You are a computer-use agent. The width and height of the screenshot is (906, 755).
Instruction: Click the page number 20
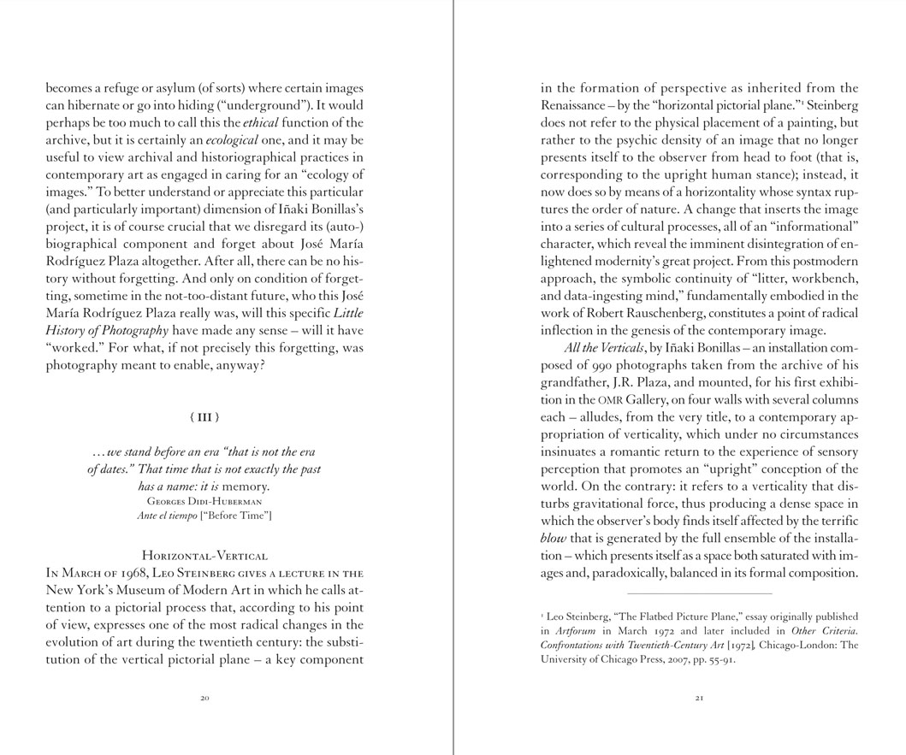click(204, 699)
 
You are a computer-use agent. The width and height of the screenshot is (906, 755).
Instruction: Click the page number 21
click(699, 699)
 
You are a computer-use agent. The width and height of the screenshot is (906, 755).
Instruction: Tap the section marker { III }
click(204, 417)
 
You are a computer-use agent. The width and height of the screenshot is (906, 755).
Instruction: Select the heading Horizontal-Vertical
click(204, 557)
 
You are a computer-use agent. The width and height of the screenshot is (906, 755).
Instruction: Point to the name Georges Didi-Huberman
click(204, 501)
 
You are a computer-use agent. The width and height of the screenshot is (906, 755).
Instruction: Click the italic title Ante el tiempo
click(166, 516)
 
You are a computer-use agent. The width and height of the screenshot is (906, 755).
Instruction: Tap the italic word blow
click(554, 539)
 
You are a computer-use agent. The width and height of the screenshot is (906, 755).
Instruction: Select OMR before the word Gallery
click(608, 400)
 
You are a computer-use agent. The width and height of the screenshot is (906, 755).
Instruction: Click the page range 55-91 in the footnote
click(720, 659)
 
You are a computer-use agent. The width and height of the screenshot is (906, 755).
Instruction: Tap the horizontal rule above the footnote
click(699, 593)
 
